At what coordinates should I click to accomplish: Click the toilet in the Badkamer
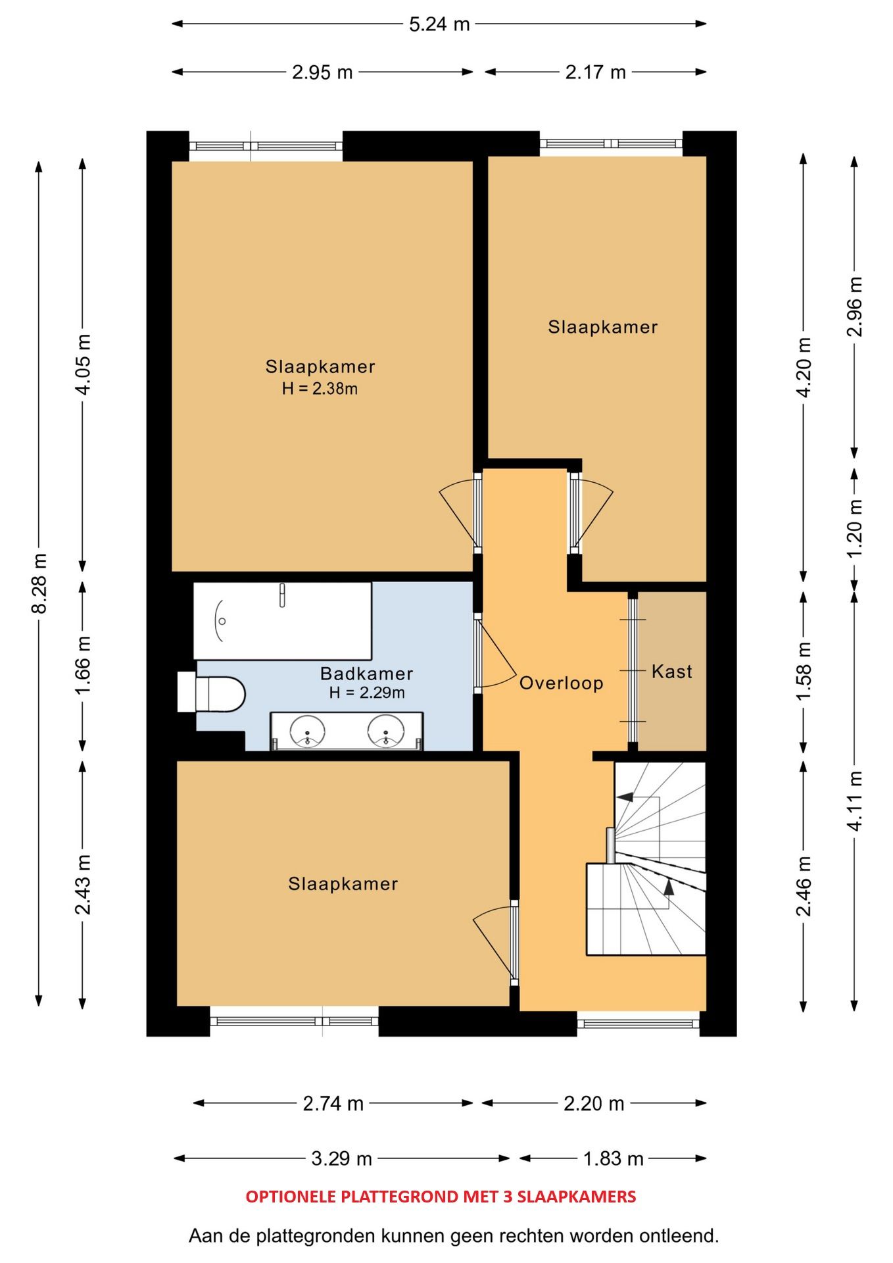211,693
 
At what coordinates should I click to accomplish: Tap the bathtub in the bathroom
282,620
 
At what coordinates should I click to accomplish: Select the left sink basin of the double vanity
307,731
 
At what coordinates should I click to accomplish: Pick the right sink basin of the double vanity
386,731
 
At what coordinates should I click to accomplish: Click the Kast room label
671,672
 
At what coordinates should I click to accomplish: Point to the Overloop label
561,683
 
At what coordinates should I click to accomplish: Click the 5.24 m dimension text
439,24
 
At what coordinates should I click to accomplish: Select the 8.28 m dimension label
39,583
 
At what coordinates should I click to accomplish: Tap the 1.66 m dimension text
83,665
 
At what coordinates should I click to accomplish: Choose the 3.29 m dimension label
341,1158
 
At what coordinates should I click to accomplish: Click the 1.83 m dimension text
613,1158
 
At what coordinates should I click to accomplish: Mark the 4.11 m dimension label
854,801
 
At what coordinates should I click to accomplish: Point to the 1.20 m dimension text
854,528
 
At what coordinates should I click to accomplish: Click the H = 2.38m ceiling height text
320,389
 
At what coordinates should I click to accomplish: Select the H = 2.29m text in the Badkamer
367,693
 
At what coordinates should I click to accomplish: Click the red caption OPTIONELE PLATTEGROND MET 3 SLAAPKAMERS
441,1197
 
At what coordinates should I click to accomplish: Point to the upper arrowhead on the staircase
625,797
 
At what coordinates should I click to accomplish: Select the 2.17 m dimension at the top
595,72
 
